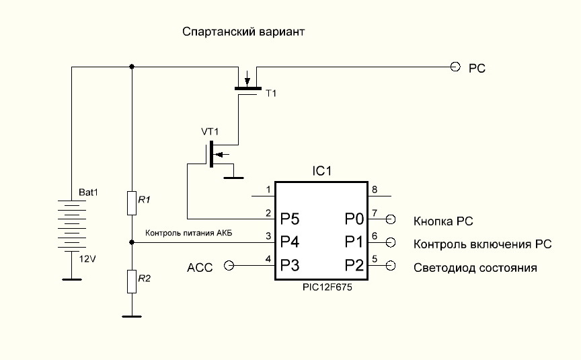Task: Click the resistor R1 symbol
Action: [x=132, y=203]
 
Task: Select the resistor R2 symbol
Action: [x=132, y=281]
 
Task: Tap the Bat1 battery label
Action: [x=89, y=192]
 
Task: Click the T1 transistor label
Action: [x=271, y=93]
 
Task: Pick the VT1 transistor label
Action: [x=210, y=131]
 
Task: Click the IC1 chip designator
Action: [x=321, y=172]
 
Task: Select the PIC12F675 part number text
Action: [x=321, y=287]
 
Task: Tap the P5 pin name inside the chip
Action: [x=290, y=219]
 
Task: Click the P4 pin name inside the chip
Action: [x=290, y=241]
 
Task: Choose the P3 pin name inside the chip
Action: [x=290, y=265]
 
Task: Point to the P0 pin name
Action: [x=354, y=219]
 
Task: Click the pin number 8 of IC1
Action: [x=375, y=189]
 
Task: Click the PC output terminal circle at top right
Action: [x=455, y=67]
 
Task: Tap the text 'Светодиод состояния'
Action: [x=475, y=268]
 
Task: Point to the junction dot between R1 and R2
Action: [x=132, y=242]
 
